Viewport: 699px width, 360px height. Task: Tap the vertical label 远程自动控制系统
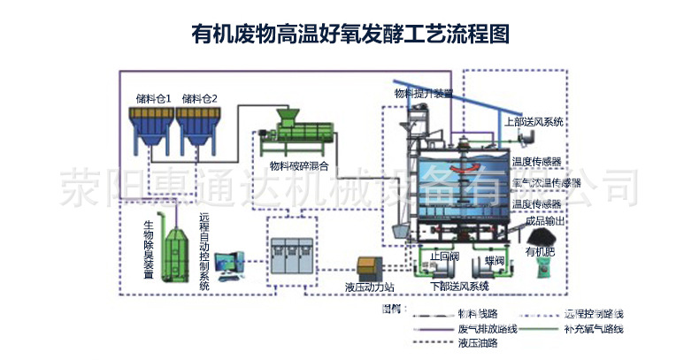[x=204, y=251]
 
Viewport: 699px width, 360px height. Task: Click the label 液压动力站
[x=369, y=287]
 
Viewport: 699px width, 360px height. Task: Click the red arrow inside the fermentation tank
[x=465, y=168]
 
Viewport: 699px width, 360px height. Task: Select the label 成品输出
[x=542, y=221]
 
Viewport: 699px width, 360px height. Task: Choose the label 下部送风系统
[x=460, y=287]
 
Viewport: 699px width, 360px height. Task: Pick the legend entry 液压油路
[x=474, y=343]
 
